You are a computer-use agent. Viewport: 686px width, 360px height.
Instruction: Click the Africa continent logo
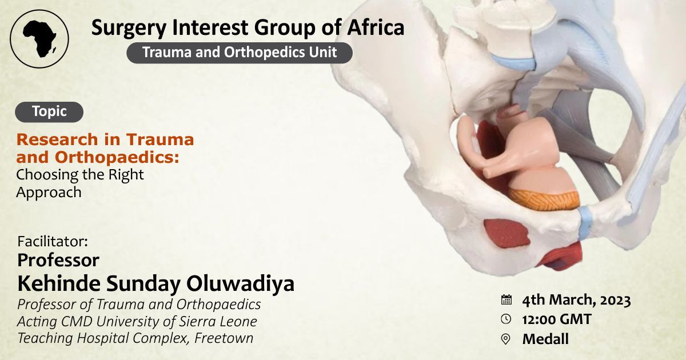point(39,39)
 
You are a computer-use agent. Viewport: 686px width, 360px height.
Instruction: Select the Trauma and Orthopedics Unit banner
point(240,53)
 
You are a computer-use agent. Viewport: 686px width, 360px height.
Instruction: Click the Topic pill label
point(49,112)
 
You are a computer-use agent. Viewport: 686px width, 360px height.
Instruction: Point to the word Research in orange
point(57,139)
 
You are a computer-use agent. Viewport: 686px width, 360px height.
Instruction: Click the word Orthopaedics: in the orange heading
point(117,158)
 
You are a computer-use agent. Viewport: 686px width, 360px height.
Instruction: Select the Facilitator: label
point(53,242)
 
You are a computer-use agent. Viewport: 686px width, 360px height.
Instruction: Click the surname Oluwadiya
point(241,284)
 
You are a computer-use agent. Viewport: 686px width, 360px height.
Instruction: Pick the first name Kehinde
point(59,284)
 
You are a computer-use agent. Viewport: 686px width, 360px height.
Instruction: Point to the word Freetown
point(224,338)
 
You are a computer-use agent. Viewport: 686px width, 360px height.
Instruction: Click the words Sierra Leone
point(218,321)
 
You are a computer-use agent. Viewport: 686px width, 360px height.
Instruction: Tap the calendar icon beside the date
point(506,299)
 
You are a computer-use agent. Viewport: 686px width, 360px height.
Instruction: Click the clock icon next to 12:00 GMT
point(506,319)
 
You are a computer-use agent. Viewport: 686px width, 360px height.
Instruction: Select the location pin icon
point(505,339)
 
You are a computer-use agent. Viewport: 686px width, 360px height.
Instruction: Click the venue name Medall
point(545,339)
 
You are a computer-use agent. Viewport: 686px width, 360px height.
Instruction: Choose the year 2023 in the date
point(615,301)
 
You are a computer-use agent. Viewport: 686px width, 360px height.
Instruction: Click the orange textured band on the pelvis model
point(544,199)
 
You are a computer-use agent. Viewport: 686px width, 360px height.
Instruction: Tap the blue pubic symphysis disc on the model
point(585,222)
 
